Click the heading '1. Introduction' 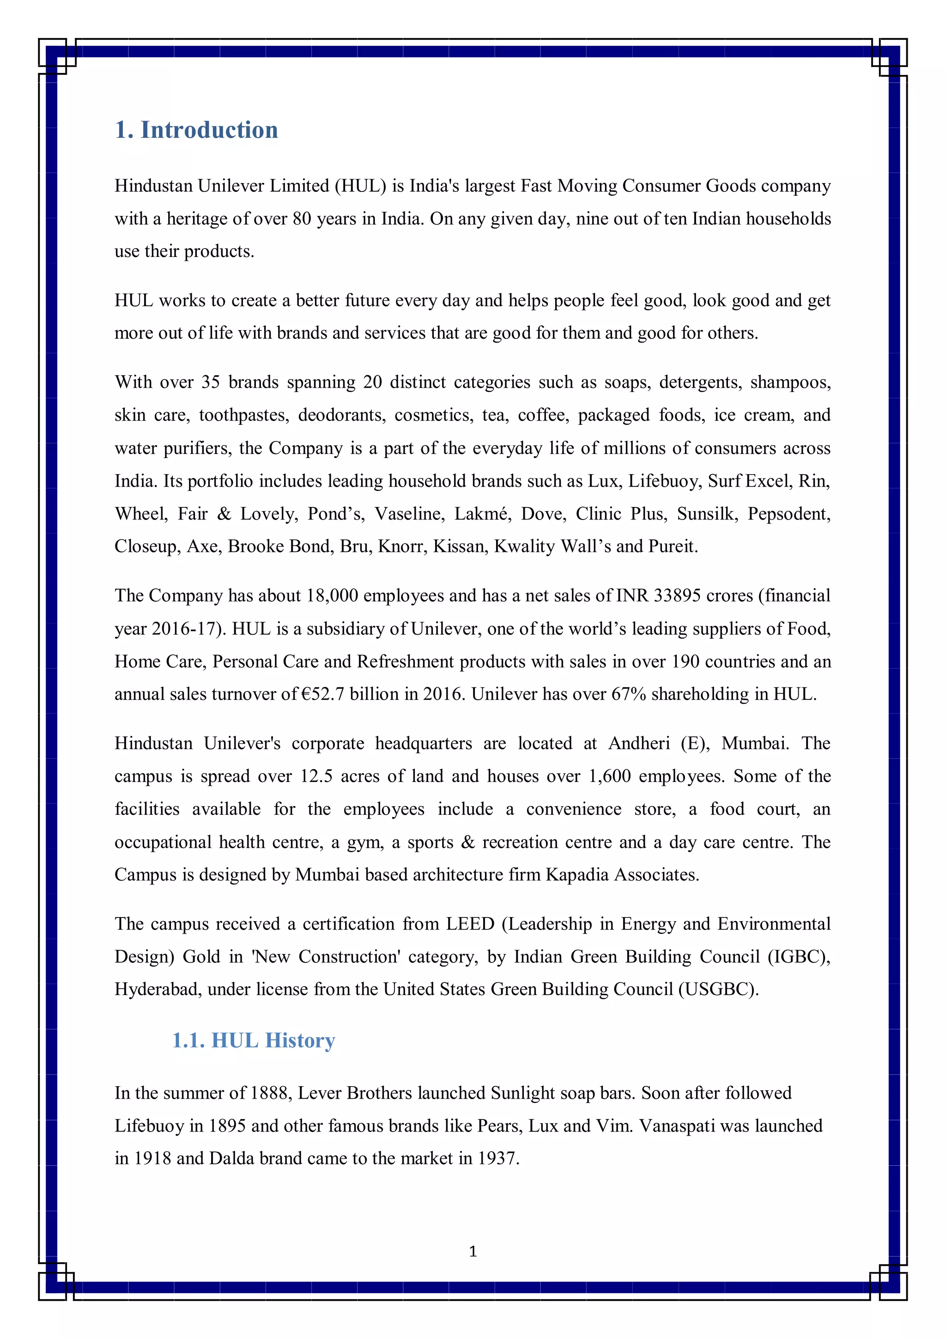196,130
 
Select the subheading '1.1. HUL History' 253,1040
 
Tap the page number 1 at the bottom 473,1252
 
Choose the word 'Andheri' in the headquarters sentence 639,744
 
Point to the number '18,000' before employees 332,596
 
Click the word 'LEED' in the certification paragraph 470,924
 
